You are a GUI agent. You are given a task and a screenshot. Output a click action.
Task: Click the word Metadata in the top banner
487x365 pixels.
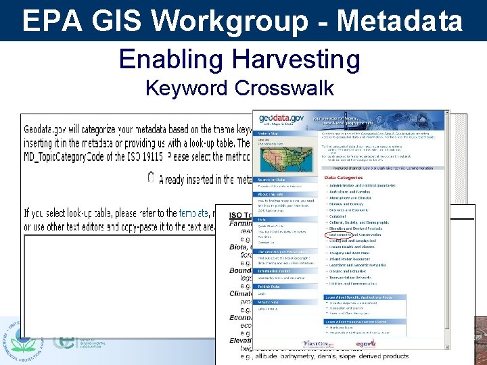[400, 21]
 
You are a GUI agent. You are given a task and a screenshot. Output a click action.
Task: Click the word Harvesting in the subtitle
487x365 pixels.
[296, 60]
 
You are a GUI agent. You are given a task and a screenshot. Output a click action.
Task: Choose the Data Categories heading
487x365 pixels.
[348, 178]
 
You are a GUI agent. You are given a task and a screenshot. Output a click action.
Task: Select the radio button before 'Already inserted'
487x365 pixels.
[151, 178]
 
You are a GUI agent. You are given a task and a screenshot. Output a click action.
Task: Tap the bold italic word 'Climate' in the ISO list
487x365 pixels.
[241, 295]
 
